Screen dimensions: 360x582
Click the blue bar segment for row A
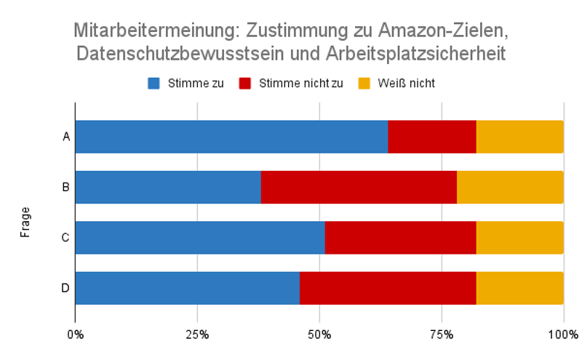(231, 137)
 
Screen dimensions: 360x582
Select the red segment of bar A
(432, 137)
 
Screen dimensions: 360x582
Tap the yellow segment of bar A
(519, 137)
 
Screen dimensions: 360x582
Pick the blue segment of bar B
(168, 187)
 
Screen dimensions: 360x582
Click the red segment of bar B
(359, 187)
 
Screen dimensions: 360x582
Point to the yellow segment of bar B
(510, 187)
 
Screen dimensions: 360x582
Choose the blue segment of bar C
(200, 238)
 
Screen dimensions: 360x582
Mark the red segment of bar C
(400, 238)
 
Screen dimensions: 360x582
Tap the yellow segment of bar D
(519, 288)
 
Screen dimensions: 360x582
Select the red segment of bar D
(388, 288)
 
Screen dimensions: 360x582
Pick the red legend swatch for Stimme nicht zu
(245, 83)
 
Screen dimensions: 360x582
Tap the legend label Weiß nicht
(406, 83)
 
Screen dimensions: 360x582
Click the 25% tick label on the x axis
(197, 335)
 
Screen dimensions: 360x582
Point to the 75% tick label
(442, 335)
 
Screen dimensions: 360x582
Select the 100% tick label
(562, 335)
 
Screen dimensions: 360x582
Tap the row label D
(65, 288)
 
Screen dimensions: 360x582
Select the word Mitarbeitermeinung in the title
(155, 31)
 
